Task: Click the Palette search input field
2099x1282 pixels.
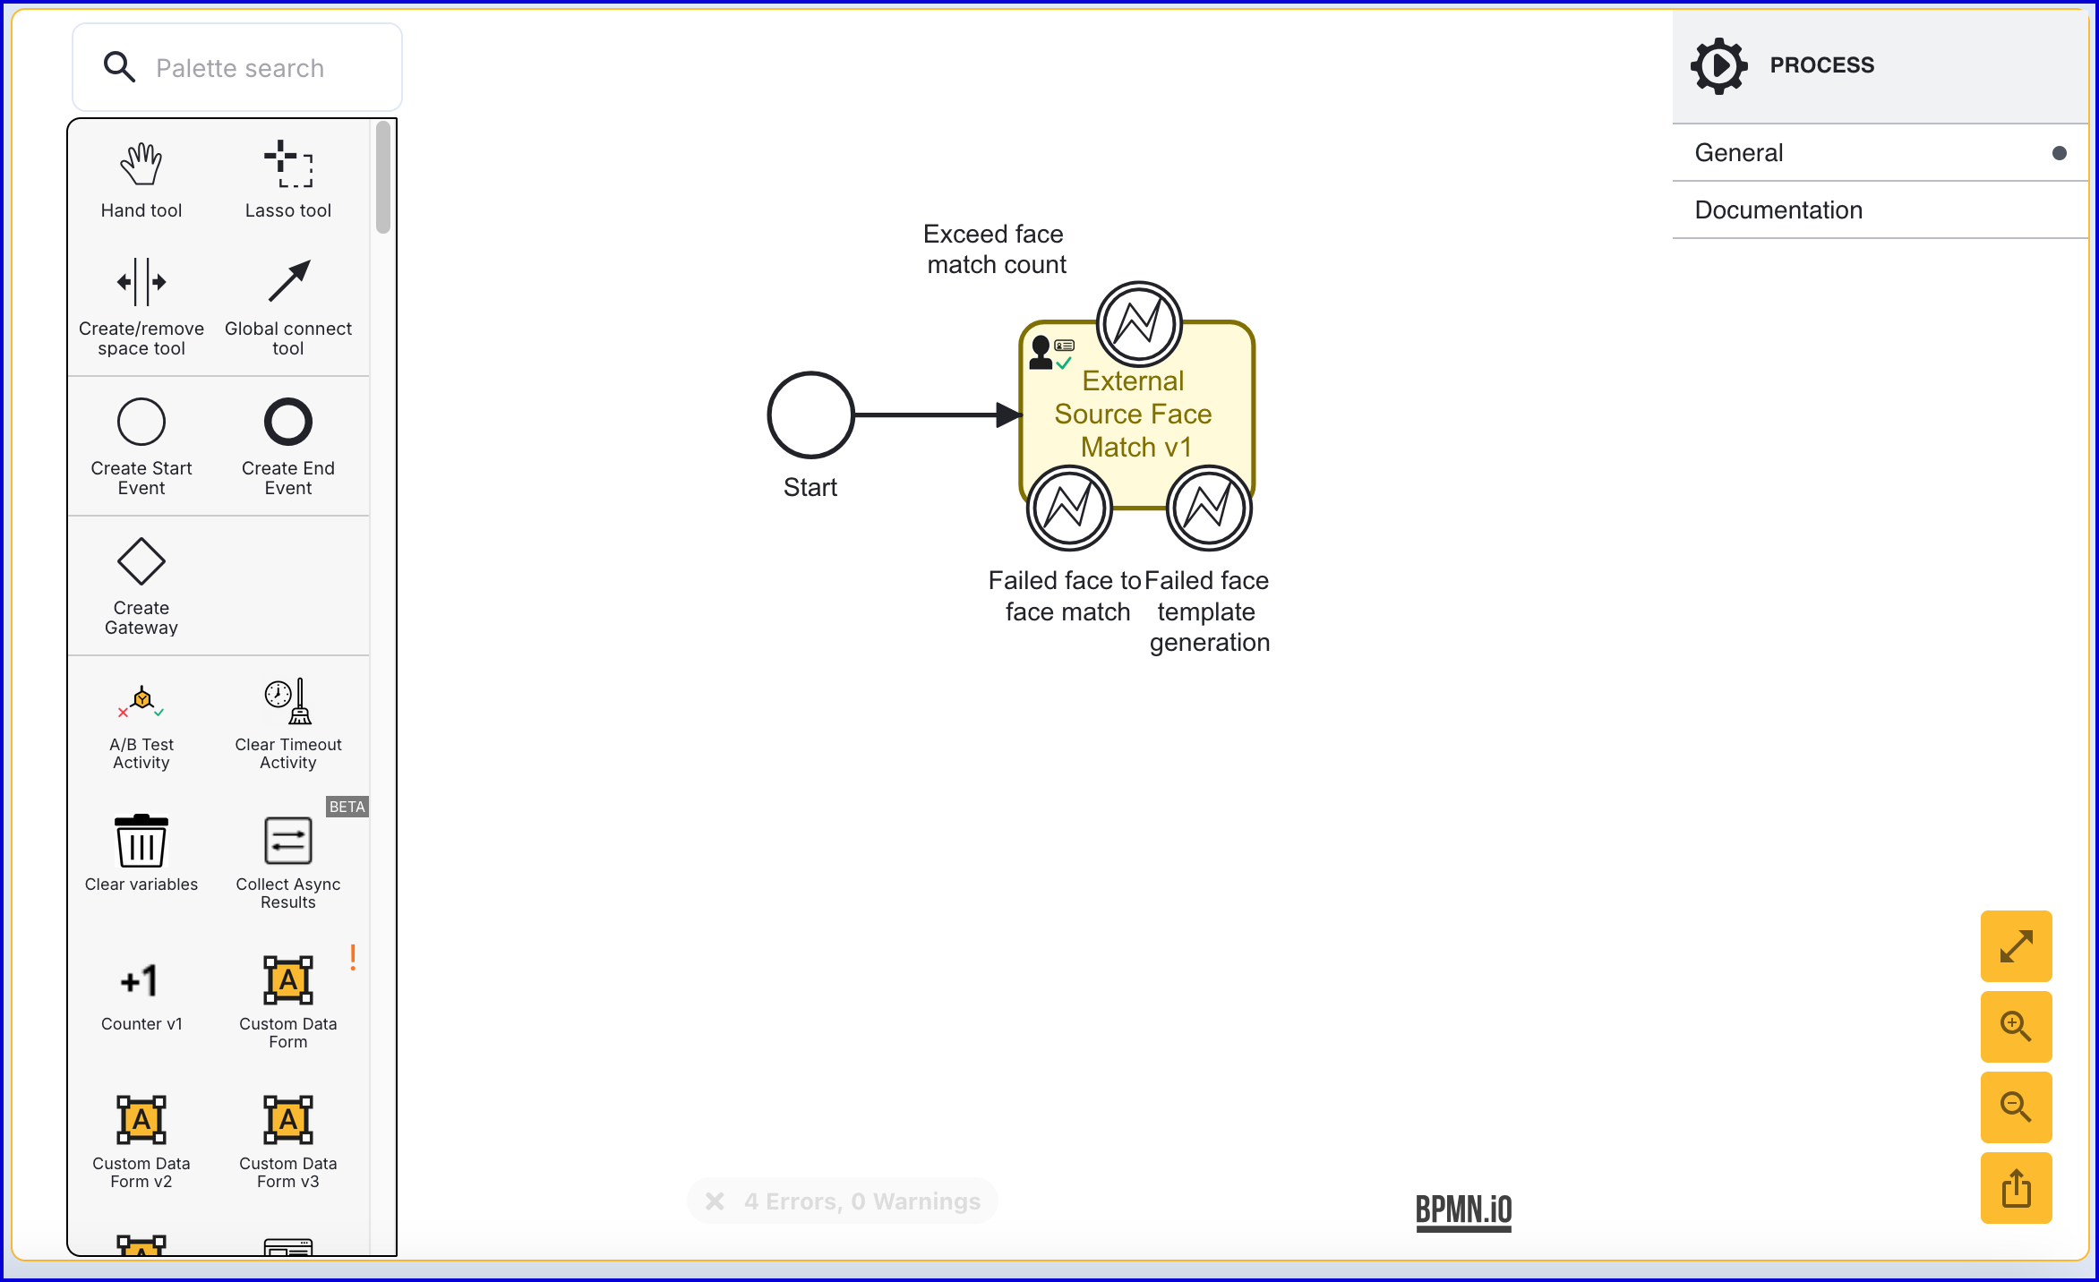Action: click(x=237, y=68)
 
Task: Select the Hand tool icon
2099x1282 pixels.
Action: click(x=141, y=165)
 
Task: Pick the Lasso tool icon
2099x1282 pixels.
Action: click(x=288, y=164)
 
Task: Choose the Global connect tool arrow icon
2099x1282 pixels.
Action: click(x=288, y=281)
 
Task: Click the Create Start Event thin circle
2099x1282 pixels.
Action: click(x=141, y=422)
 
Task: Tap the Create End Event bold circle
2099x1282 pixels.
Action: click(x=288, y=422)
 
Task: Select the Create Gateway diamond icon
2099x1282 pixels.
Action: click(x=141, y=562)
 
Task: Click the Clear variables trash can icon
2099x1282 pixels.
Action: click(x=141, y=841)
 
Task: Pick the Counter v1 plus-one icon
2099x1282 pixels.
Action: click(x=141, y=981)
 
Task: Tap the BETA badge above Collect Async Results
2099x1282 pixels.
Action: click(x=347, y=807)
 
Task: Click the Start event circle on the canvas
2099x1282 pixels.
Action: click(x=810, y=415)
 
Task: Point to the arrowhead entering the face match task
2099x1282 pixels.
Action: click(x=1010, y=415)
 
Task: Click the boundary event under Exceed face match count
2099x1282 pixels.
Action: click(x=1139, y=324)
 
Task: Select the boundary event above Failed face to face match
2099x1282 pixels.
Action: click(x=1069, y=508)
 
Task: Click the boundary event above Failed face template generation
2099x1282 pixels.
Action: click(x=1209, y=508)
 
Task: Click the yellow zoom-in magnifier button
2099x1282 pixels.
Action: click(x=2017, y=1027)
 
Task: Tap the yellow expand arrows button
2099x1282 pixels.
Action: click(x=2017, y=946)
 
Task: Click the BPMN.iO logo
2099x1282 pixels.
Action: click(x=1463, y=1211)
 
